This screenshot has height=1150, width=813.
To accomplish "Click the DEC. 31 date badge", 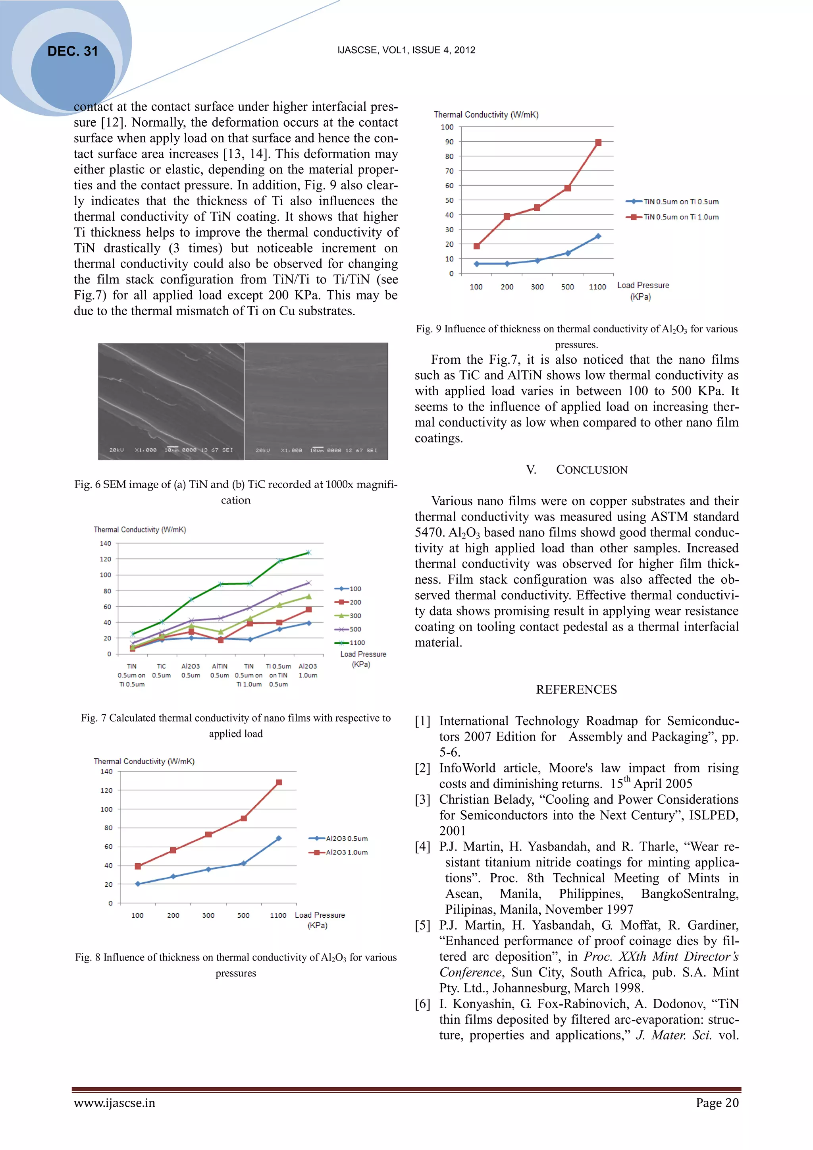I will click(73, 51).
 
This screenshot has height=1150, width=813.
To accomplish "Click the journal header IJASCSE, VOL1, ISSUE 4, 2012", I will click(406, 50).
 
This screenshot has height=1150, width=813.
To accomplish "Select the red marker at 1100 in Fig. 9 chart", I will click(598, 143).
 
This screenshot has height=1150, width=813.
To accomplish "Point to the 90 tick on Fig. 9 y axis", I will click(449, 142).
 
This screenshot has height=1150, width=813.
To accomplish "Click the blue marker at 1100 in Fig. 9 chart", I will click(598, 236).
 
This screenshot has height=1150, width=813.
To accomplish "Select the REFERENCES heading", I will click(576, 690).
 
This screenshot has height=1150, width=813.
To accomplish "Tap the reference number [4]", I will click(422, 847).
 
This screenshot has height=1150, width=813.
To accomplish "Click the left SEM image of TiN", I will click(171, 401).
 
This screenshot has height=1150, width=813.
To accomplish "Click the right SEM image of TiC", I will click(316, 401).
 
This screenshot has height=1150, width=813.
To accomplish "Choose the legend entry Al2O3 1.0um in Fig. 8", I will click(346, 853).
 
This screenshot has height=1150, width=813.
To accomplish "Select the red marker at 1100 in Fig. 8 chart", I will click(279, 782).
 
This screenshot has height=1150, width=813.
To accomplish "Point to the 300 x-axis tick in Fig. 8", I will click(208, 915).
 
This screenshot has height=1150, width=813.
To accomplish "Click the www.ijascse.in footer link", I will click(115, 1103).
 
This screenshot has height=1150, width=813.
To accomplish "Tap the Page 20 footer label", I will click(717, 1103).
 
